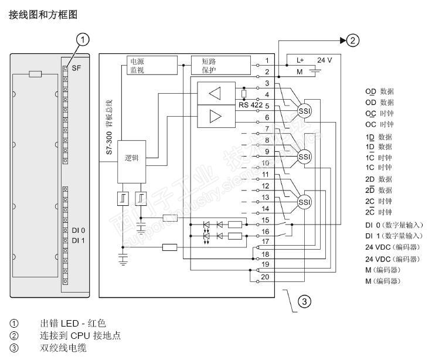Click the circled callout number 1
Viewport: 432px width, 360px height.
(x=84, y=40)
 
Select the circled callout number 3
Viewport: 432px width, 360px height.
(x=304, y=302)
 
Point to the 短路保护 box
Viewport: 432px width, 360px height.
(x=214, y=65)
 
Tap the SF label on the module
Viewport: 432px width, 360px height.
(x=76, y=68)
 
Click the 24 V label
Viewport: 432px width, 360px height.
(x=324, y=60)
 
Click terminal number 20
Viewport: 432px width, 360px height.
(x=266, y=277)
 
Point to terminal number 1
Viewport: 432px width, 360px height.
(x=267, y=60)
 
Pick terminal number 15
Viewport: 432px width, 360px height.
(x=266, y=220)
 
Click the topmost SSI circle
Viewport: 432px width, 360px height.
(x=304, y=112)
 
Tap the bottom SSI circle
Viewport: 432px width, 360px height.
(x=304, y=202)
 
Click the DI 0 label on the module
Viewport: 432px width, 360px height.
(x=79, y=230)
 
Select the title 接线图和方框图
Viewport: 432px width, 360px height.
(x=43, y=13)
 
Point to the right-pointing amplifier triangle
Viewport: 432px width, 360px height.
(x=215, y=116)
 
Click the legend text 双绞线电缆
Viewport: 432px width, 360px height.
(x=63, y=348)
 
